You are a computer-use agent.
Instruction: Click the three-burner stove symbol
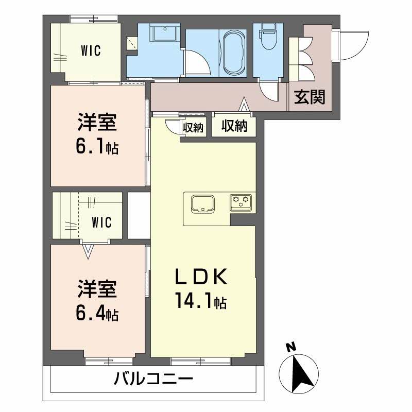click(241, 201)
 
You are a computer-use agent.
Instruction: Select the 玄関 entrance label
click(310, 97)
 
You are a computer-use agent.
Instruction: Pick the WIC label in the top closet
click(91, 51)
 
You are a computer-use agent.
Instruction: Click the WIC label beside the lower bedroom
click(102, 222)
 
